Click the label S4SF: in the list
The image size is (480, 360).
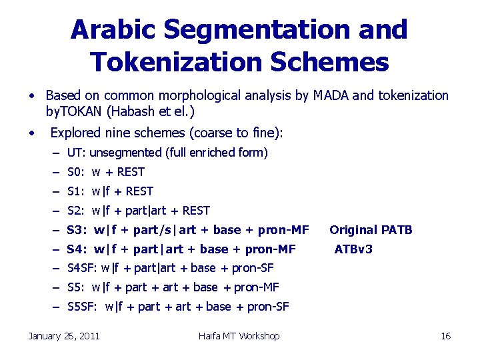pos(83,268)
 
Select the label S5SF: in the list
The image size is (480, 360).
pos(83,307)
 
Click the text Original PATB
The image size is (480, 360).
pos(371,230)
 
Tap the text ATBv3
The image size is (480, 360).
pos(353,249)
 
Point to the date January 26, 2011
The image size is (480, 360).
pos(64,336)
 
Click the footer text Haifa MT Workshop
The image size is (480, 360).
pos(239,336)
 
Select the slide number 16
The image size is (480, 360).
pos(446,336)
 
